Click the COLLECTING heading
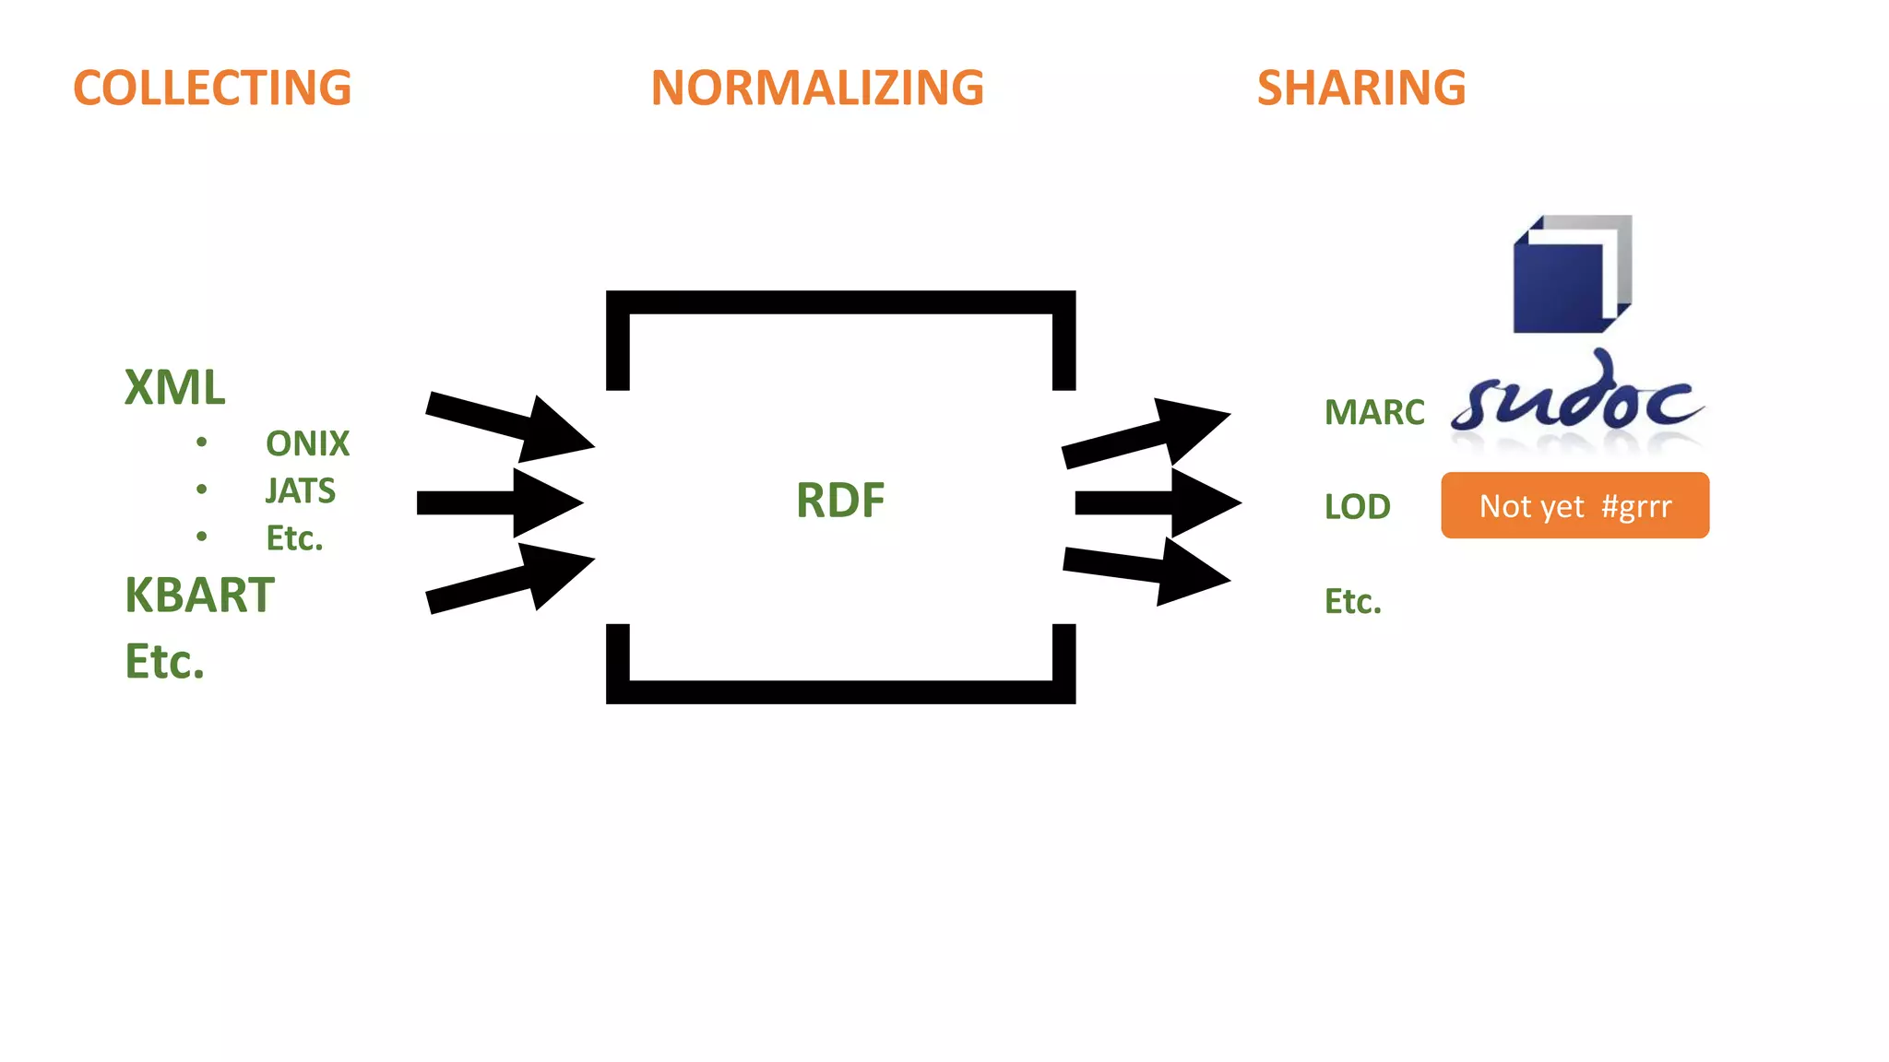212,88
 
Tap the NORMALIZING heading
817,88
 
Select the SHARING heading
1361,88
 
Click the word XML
174,387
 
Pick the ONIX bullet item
307,443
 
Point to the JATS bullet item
300,490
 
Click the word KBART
199,595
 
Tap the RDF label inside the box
840,501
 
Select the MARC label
1374,412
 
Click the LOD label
1357,506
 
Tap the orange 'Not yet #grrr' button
1574,505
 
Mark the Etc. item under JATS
294,538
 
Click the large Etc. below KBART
164,661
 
